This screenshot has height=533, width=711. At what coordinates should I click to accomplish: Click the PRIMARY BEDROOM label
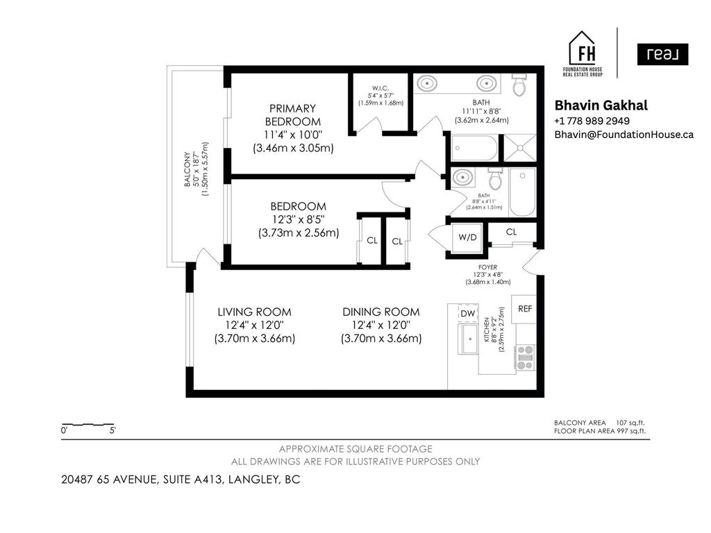tap(292, 115)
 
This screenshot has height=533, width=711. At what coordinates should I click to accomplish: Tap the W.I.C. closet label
tap(380, 88)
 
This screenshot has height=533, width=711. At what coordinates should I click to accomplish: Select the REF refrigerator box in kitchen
tap(525, 309)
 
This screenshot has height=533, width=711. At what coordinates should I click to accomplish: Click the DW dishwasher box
tap(468, 314)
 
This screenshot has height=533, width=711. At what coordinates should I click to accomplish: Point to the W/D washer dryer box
tap(467, 237)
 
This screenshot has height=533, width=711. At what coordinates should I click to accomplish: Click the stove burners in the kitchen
tap(525, 357)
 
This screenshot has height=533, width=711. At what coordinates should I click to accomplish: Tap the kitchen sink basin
tap(470, 341)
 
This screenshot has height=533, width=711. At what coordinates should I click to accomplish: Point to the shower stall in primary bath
tap(519, 147)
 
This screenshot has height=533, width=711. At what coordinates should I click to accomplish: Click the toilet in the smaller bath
tap(495, 180)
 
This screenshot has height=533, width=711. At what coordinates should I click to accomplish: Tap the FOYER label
tap(487, 267)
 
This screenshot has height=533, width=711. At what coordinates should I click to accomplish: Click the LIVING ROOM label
tap(254, 312)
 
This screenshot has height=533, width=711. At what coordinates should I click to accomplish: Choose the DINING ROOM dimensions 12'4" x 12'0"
tap(380, 325)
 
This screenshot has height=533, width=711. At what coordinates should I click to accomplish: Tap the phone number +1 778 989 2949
tap(592, 121)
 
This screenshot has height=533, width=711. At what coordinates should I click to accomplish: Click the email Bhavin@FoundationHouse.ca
tap(624, 135)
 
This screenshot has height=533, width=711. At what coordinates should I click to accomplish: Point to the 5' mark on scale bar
tap(112, 430)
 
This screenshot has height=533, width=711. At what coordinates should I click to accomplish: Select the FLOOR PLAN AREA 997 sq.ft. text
tap(600, 431)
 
